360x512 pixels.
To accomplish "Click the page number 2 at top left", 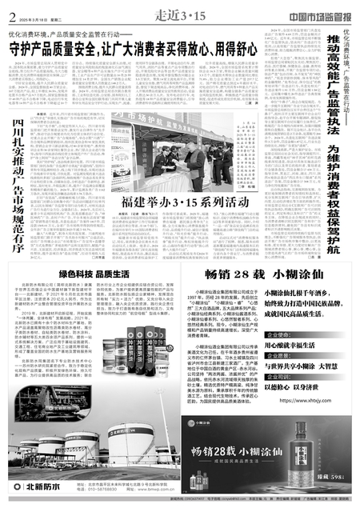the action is pos(9,12).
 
